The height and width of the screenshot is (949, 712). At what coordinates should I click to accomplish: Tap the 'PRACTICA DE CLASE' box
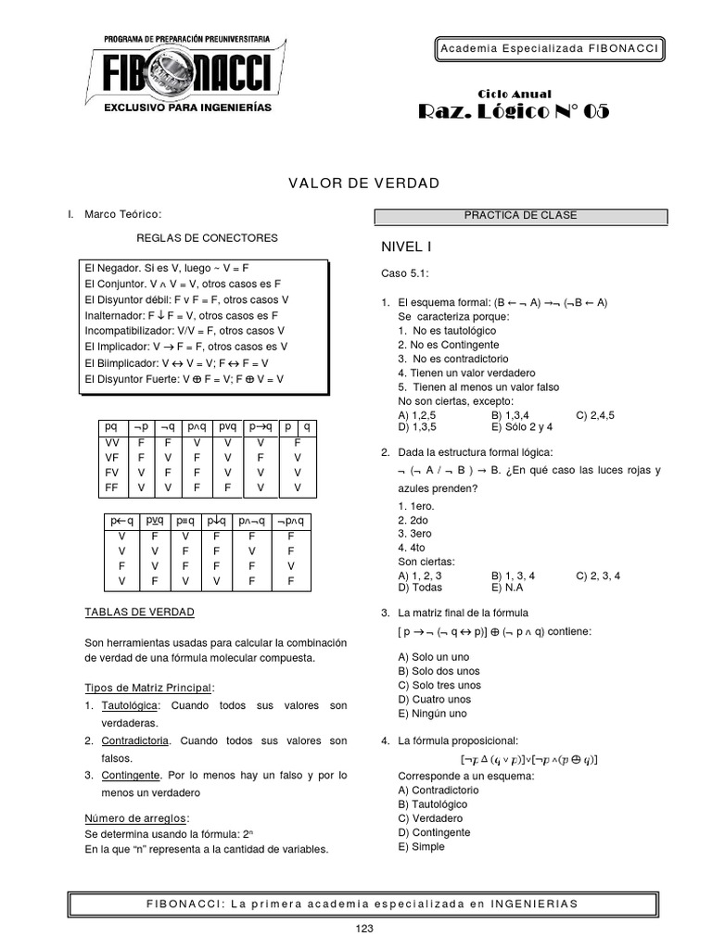(520, 216)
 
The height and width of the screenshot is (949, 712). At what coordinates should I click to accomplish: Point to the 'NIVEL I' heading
(407, 247)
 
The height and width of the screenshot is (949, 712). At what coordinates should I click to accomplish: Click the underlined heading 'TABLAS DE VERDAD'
(139, 613)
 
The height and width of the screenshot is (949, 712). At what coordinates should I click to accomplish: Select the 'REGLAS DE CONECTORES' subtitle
(207, 238)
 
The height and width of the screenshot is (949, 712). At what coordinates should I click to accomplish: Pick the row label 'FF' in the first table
(111, 487)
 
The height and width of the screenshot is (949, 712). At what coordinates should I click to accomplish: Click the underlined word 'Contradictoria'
(135, 740)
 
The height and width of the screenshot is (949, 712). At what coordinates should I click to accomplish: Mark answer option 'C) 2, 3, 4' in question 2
(598, 576)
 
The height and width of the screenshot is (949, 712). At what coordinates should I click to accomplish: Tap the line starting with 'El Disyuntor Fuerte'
(184, 379)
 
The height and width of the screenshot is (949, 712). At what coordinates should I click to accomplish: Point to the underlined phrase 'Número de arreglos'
(136, 818)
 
